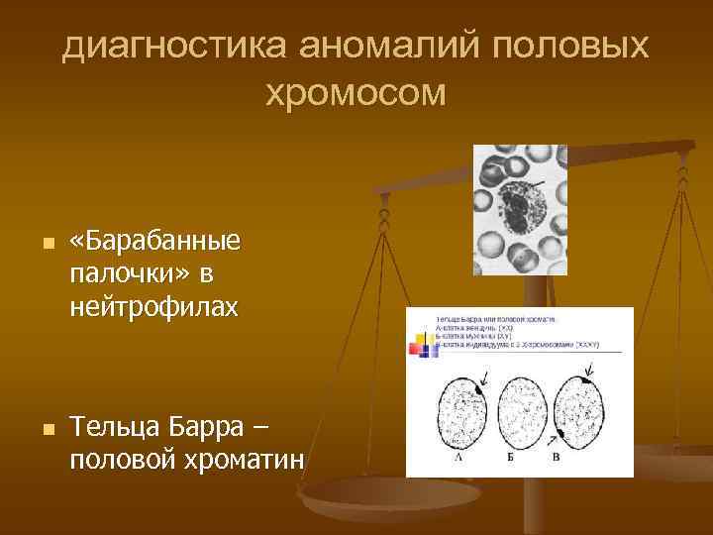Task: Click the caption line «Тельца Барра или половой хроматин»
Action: [495, 320]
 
